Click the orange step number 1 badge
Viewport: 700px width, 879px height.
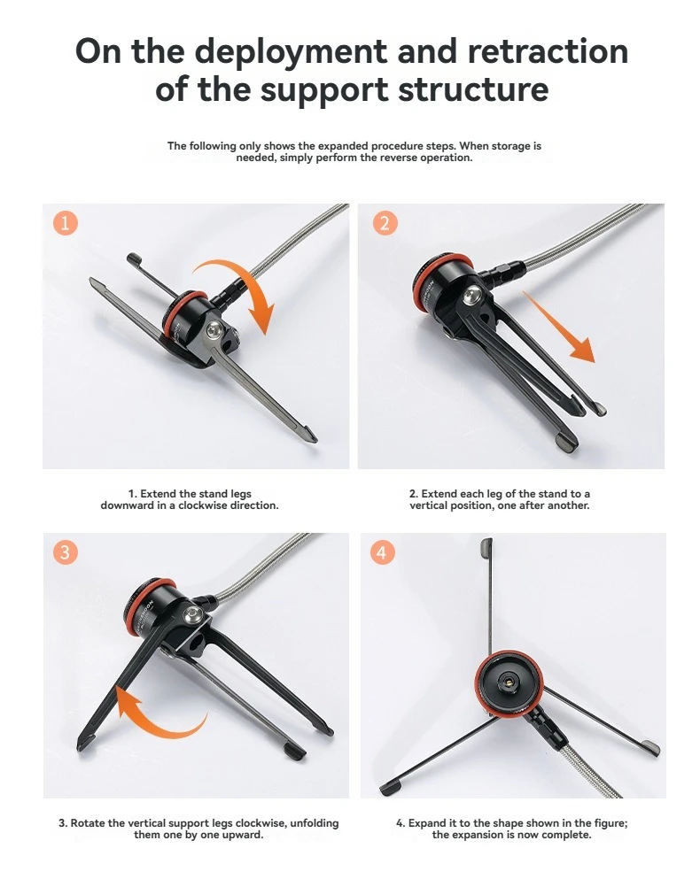[65, 223]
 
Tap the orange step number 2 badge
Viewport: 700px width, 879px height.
[385, 223]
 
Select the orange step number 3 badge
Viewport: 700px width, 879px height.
[65, 552]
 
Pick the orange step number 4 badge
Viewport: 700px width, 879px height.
[382, 552]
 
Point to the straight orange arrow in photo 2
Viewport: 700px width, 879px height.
[559, 327]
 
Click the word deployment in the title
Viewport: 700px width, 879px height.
[291, 51]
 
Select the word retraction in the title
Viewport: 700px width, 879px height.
[548, 51]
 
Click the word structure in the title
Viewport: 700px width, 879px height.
[473, 89]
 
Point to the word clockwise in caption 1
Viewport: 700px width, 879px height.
[204, 505]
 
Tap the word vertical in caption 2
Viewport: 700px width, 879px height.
[429, 505]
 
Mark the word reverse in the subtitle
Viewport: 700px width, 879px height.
[393, 158]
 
